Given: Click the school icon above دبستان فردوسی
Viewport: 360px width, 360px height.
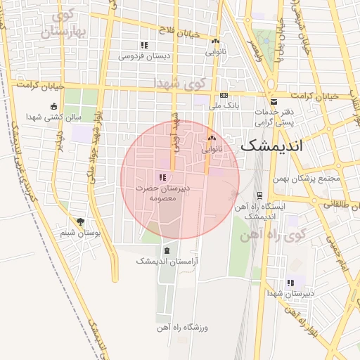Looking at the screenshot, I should pos(144,45).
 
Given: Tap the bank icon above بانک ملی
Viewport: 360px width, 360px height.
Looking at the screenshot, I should pos(224,94).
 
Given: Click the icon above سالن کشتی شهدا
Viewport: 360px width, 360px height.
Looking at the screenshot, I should pos(54,106).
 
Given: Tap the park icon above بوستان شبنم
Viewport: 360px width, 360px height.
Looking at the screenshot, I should pos(79,221).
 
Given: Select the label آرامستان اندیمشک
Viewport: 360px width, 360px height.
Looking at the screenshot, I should pos(167,261).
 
